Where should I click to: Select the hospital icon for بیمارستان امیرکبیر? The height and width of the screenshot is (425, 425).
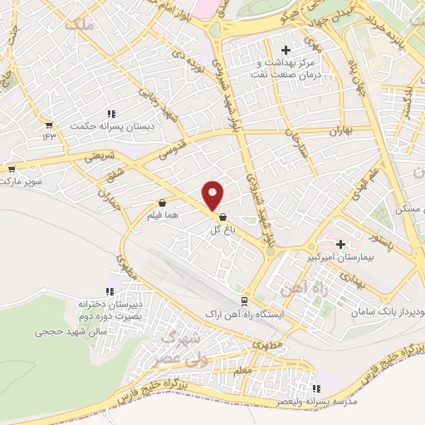pyautogui.click(x=340, y=244)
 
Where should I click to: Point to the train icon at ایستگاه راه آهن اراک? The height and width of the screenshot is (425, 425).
pyautogui.click(x=243, y=301)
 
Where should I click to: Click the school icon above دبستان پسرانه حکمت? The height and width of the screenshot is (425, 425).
pyautogui.click(x=110, y=115)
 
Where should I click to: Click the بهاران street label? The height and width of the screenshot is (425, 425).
pyautogui.click(x=342, y=131)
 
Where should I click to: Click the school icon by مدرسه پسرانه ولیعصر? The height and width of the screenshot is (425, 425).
pyautogui.click(x=315, y=388)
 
